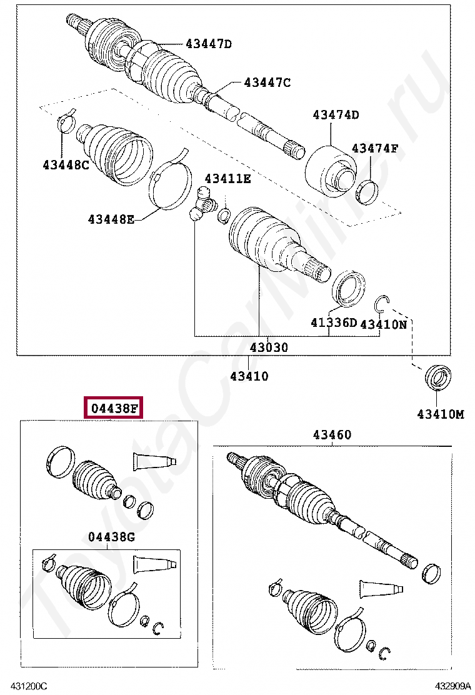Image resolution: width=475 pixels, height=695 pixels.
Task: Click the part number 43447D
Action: [208, 44]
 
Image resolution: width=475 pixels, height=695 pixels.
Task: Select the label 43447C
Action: [267, 82]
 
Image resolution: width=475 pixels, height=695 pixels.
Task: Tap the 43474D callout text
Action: [336, 115]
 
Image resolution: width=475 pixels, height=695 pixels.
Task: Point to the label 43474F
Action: [375, 148]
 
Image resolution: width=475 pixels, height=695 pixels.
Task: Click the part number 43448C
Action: [66, 166]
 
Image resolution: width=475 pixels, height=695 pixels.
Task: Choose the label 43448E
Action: [111, 219]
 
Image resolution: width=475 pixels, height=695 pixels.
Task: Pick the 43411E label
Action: [227, 179]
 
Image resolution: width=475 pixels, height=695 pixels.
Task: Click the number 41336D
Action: [334, 322]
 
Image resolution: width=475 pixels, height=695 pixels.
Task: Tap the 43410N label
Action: [383, 324]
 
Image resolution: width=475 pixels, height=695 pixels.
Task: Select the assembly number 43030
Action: [269, 347]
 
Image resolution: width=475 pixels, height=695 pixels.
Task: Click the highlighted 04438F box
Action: [113, 407]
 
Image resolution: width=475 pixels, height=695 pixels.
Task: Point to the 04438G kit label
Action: [111, 537]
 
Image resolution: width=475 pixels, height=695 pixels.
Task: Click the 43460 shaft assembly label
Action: [332, 435]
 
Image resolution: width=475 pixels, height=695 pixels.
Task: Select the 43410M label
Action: [441, 414]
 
